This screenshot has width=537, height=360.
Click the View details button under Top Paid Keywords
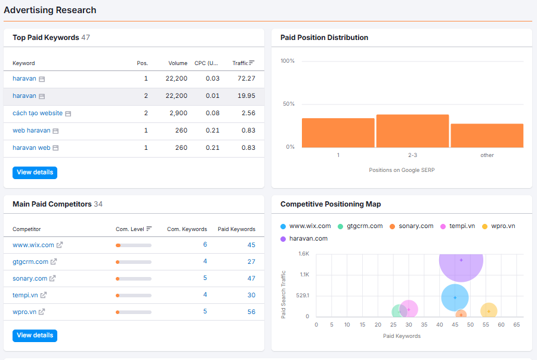pyautogui.click(x=35, y=173)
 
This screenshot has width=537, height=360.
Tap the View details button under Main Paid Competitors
pyautogui.click(x=35, y=336)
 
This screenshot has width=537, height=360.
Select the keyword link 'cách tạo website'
pyautogui.click(x=38, y=113)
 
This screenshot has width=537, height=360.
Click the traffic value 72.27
pyautogui.click(x=246, y=78)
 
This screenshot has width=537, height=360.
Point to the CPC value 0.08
pyautogui.click(x=212, y=113)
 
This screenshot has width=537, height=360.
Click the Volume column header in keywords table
pyautogui.click(x=178, y=63)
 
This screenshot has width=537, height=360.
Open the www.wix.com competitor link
pyautogui.click(x=33, y=245)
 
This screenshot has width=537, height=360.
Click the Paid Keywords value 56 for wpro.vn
pyautogui.click(x=251, y=312)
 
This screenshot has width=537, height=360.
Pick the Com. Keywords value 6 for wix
pyautogui.click(x=205, y=244)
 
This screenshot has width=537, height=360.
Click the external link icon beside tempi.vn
pyautogui.click(x=44, y=295)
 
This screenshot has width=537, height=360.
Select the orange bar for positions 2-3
pyautogui.click(x=413, y=131)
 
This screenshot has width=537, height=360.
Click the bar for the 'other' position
pyautogui.click(x=487, y=136)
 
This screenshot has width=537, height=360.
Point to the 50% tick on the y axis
pyautogui.click(x=288, y=104)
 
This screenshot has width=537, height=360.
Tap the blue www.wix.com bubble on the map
pyautogui.click(x=455, y=298)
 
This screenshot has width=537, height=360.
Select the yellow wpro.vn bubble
pyautogui.click(x=489, y=310)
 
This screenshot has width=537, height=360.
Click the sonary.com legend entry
pyautogui.click(x=411, y=226)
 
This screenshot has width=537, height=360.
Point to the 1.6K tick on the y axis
pyautogui.click(x=304, y=254)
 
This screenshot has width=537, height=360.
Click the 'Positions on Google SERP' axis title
pyautogui.click(x=402, y=170)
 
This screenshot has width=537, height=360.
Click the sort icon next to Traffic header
pyautogui.click(x=252, y=63)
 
